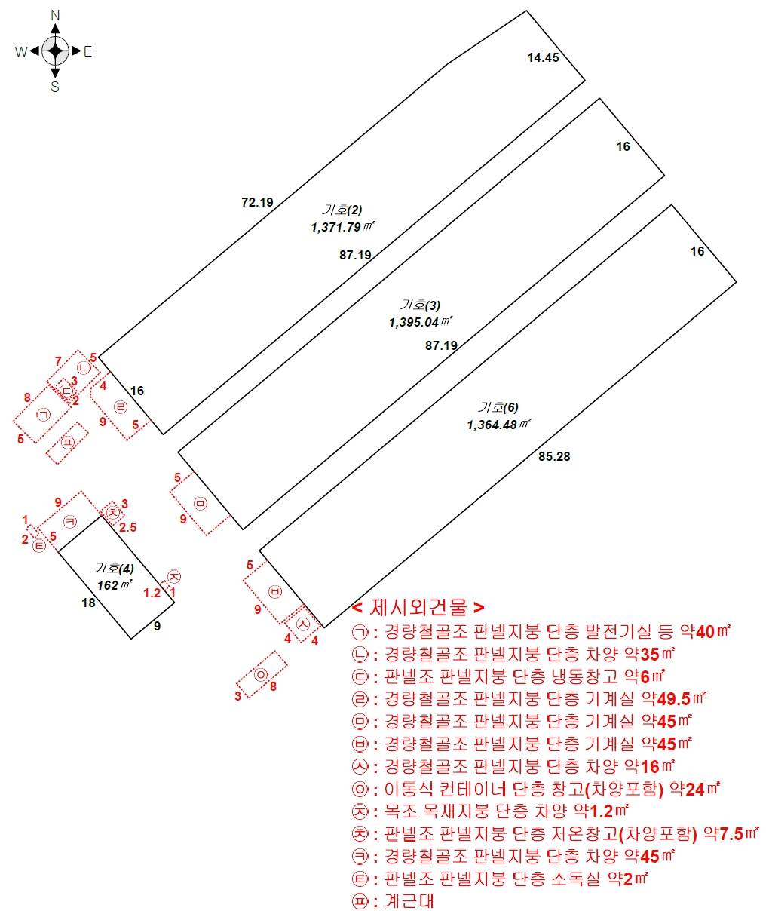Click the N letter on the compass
(55, 16)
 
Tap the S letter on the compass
(55, 87)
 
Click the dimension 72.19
(257, 202)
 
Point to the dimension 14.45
(543, 57)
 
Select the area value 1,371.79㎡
(343, 227)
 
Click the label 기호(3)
(420, 305)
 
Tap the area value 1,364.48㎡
(499, 424)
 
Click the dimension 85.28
(554, 456)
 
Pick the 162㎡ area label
(115, 584)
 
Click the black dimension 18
(88, 603)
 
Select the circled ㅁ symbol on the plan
(201, 504)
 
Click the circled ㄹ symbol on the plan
(121, 407)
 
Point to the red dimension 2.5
(128, 527)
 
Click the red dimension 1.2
(152, 593)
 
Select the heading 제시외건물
(418, 607)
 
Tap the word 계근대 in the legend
(409, 901)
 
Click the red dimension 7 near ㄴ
(58, 361)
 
